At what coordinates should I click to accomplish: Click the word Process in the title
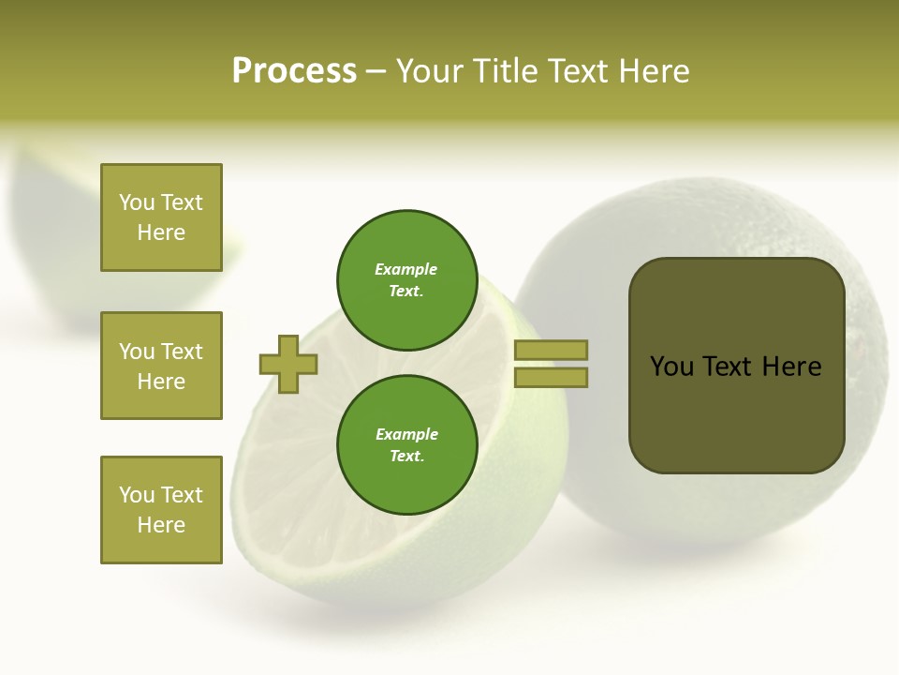pos(294,71)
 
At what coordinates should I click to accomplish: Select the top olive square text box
pos(161,217)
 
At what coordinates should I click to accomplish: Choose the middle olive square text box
pos(161,366)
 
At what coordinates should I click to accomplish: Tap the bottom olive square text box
pos(161,510)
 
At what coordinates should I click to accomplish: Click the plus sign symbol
pos(288,364)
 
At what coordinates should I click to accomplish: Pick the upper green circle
pos(406,279)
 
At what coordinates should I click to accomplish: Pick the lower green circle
pos(406,444)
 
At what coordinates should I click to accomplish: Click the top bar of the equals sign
pos(551,351)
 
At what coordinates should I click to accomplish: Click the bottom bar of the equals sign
pos(551,378)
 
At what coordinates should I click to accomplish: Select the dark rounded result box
pos(736,366)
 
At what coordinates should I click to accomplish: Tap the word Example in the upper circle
pos(406,269)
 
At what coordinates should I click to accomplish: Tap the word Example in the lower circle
pos(406,434)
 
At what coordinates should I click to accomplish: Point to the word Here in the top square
pos(161,232)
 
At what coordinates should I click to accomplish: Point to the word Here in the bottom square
pos(161,525)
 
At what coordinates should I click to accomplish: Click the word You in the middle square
pos(136,352)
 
